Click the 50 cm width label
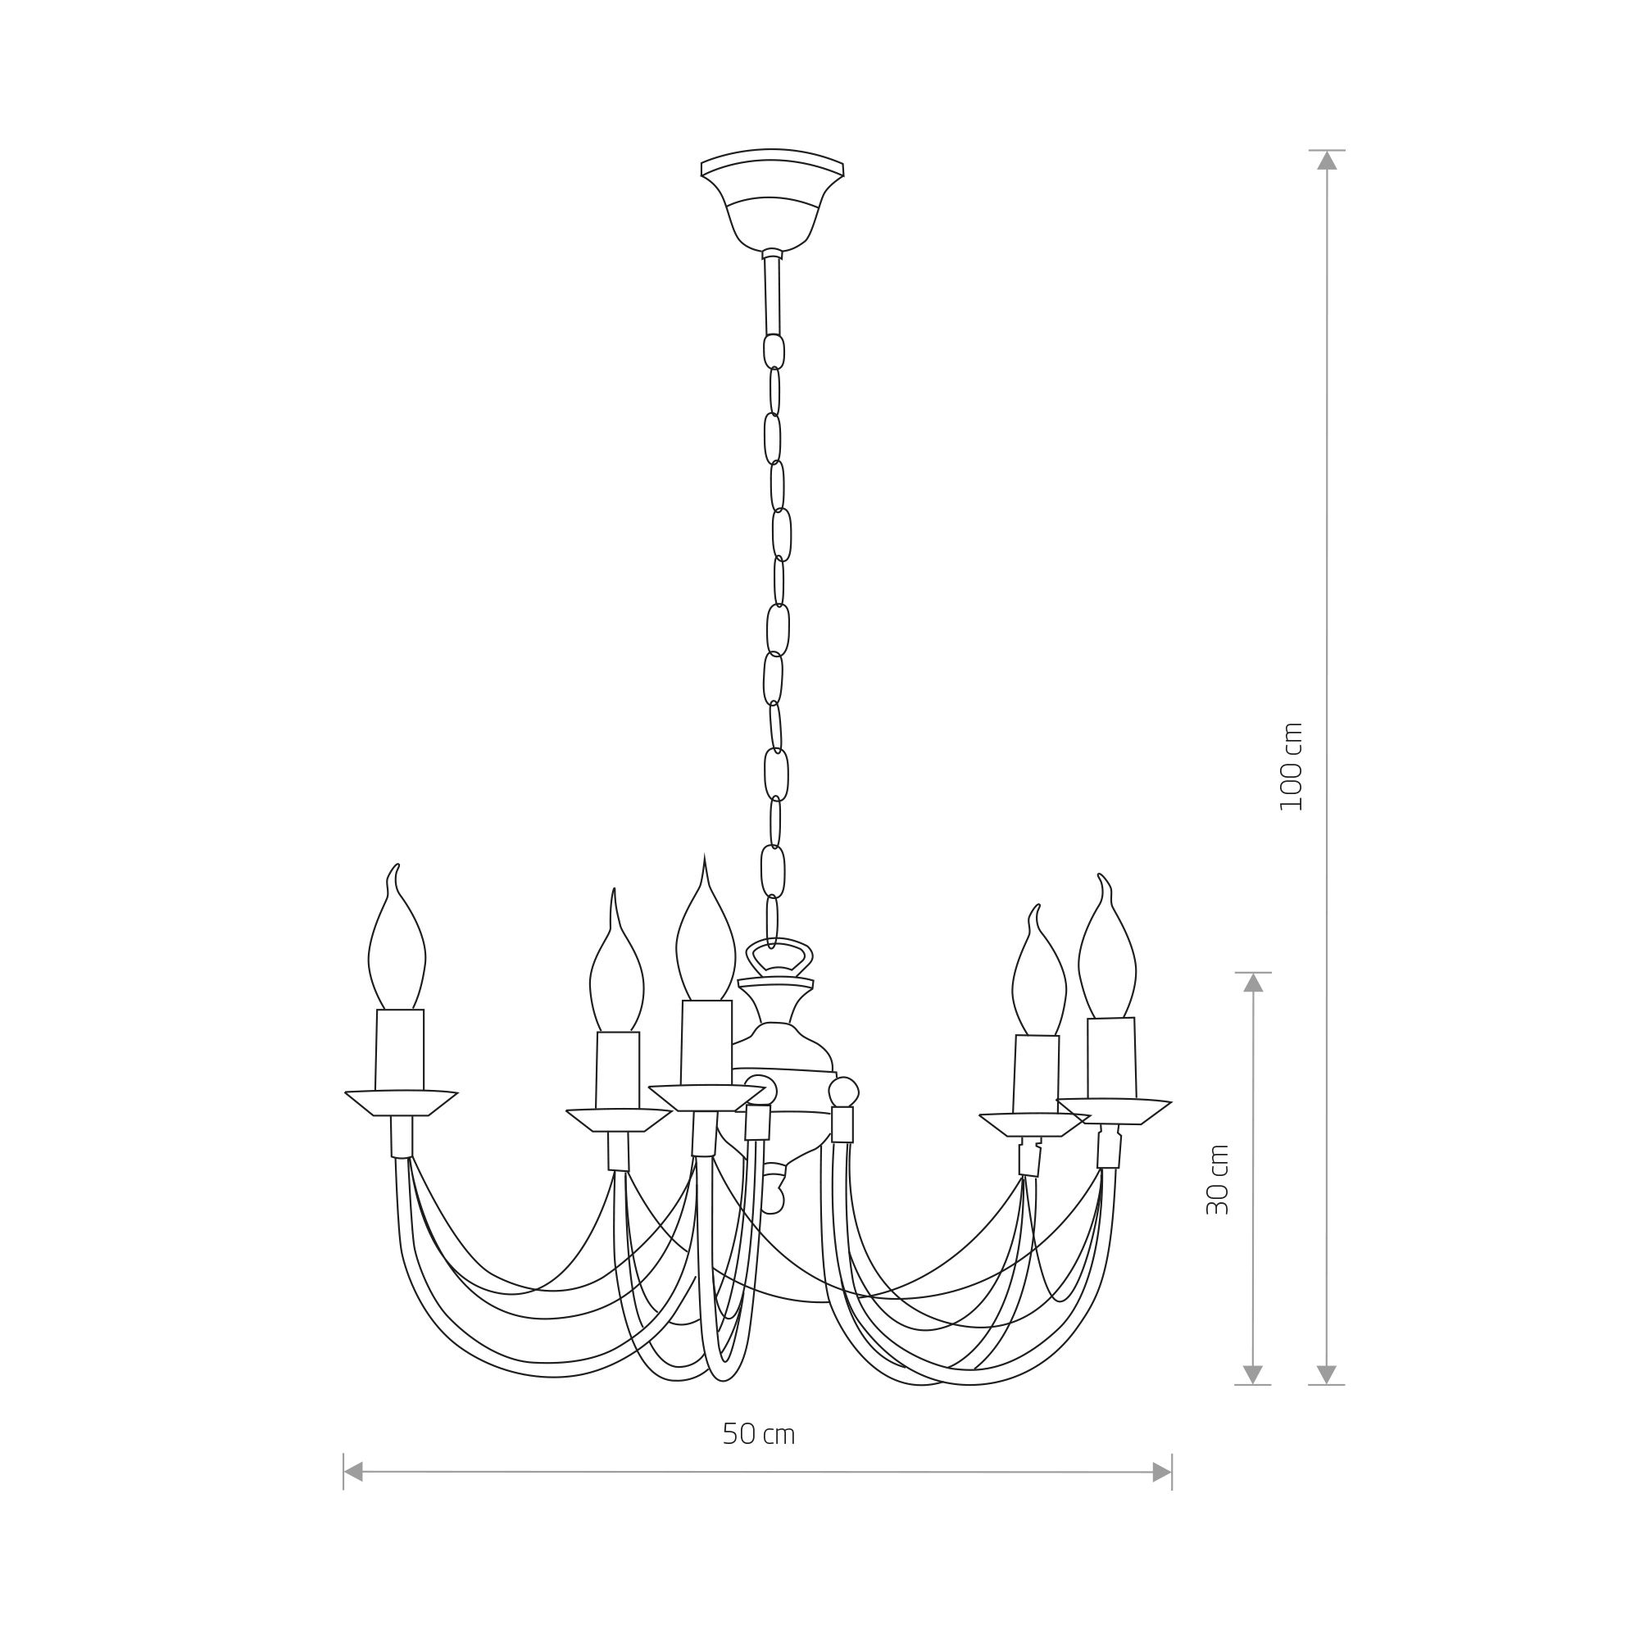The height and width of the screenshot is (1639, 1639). click(758, 1433)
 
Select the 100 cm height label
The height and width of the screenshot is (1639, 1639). click(1291, 767)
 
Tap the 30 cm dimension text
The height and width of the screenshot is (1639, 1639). click(1218, 1179)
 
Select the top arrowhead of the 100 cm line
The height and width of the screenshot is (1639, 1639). click(1327, 161)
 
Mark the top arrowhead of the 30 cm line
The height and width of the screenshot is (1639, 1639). click(1253, 983)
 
